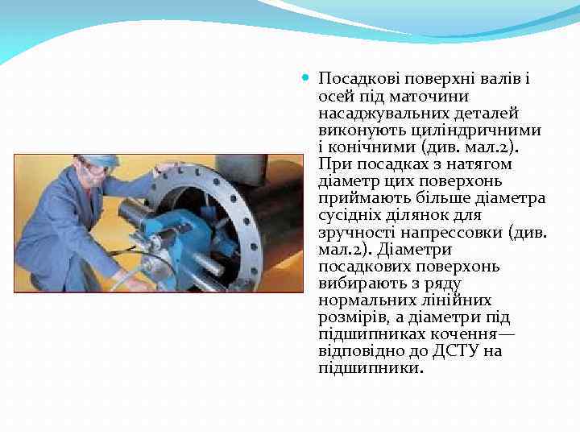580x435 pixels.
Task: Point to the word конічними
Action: (362, 147)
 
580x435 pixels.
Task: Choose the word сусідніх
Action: (350, 215)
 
